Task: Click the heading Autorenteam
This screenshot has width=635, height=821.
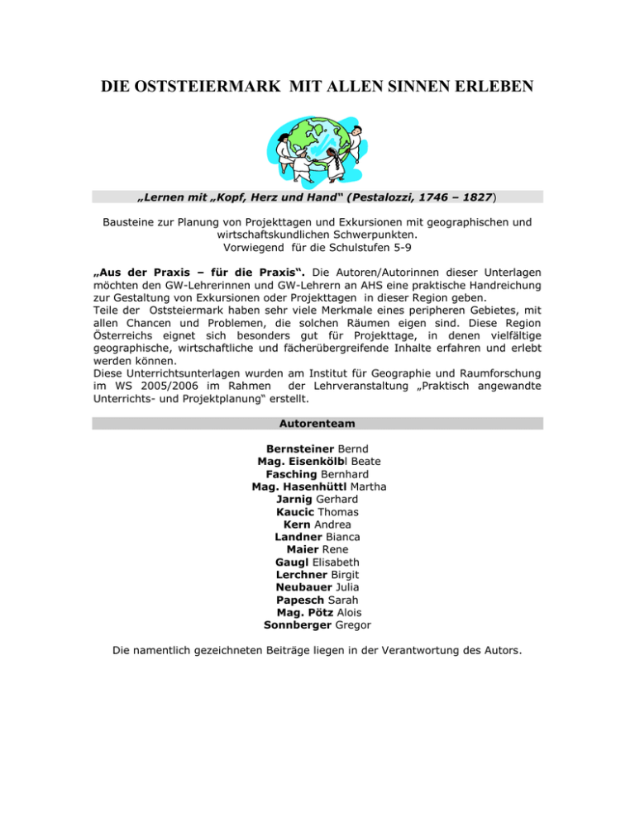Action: click(x=317, y=422)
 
